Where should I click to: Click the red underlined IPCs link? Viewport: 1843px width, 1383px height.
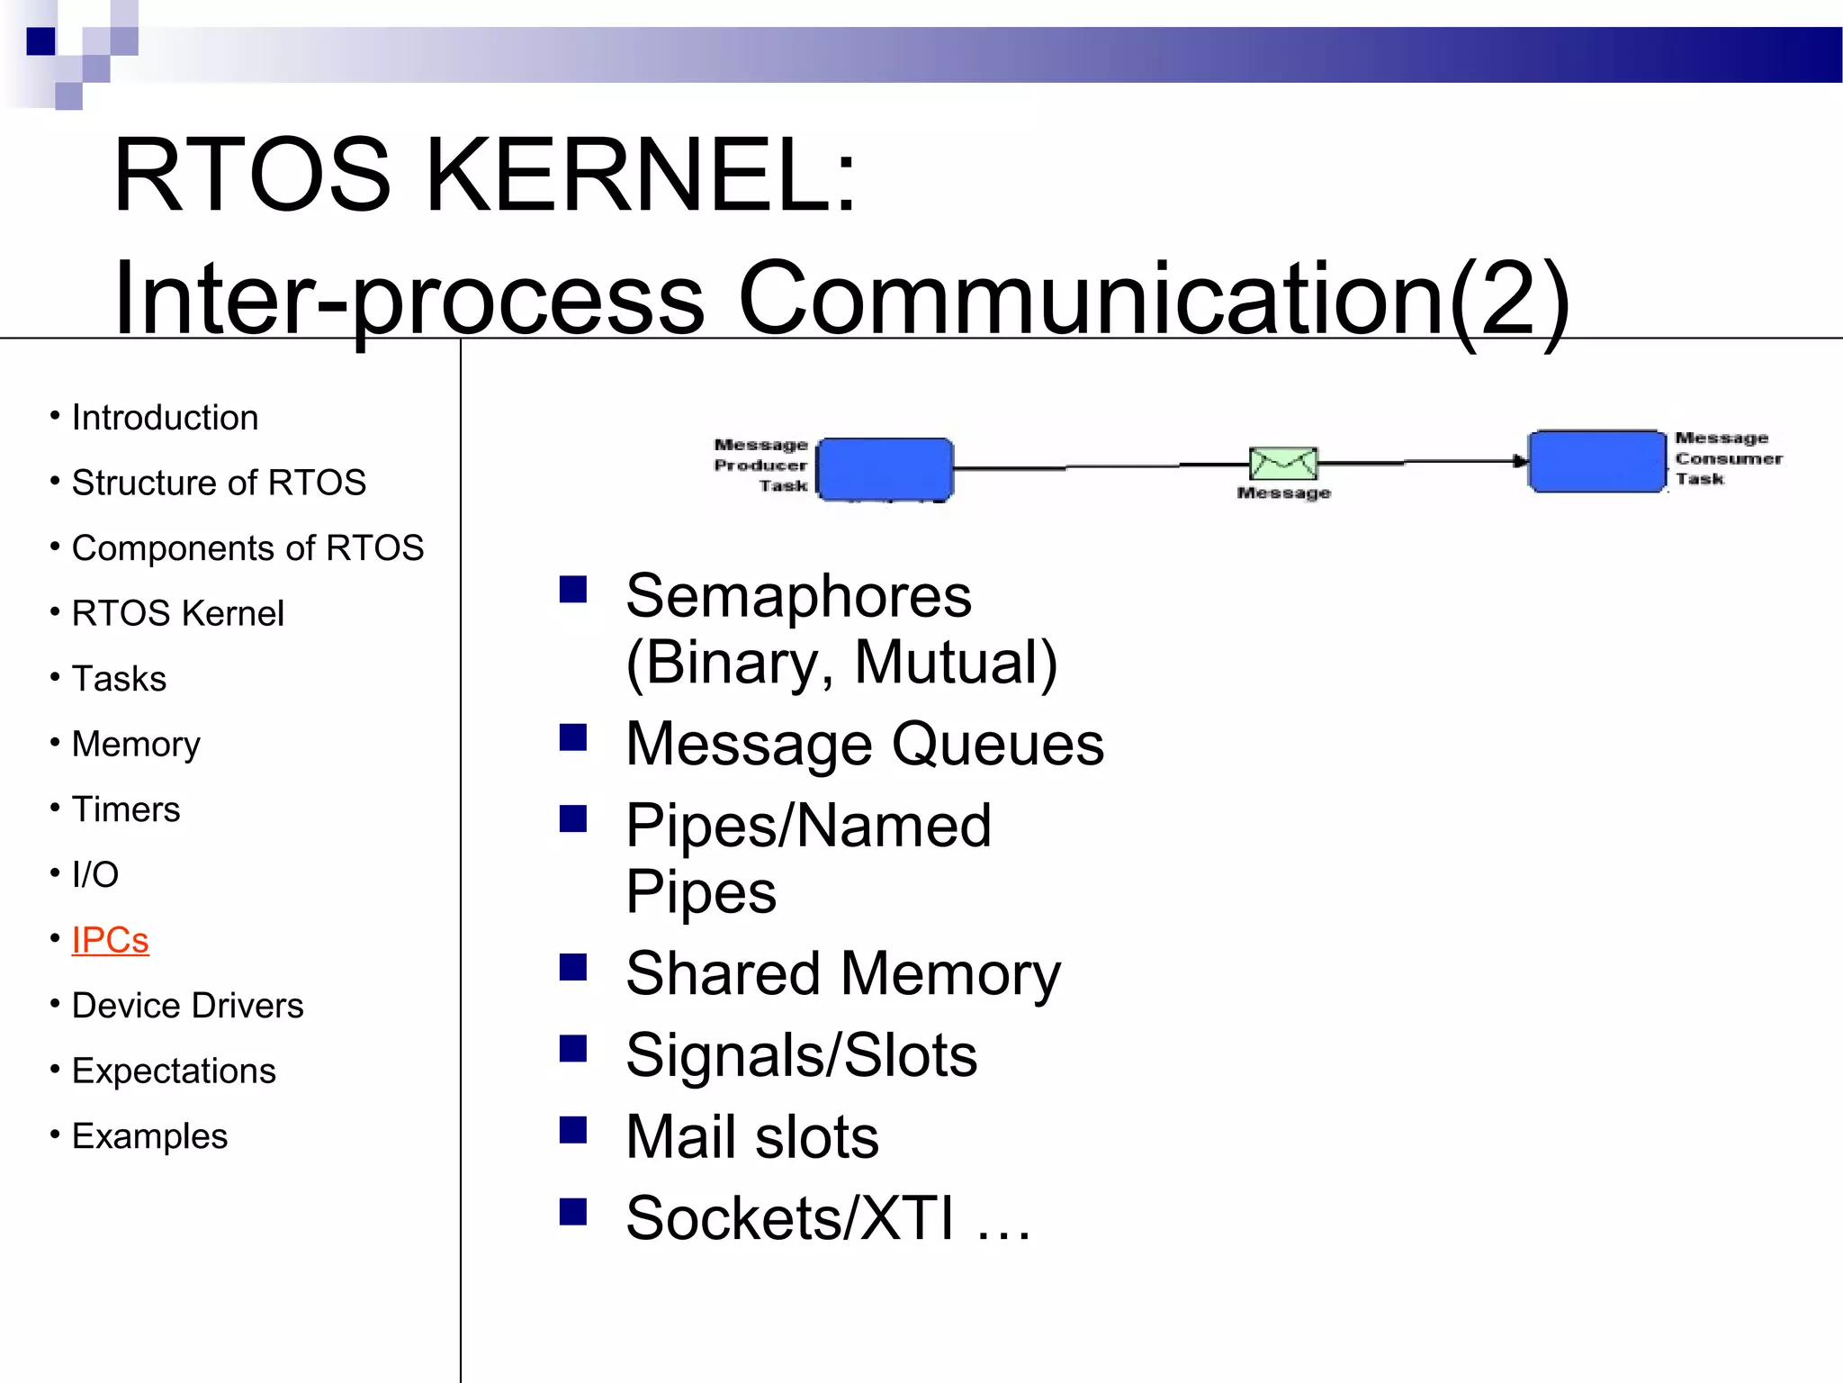(110, 940)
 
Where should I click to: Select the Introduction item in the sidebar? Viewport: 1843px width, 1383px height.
(165, 418)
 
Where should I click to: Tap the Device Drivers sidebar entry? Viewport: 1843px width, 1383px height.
(187, 1006)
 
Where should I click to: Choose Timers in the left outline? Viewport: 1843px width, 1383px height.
(126, 809)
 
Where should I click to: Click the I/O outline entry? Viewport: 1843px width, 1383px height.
(95, 874)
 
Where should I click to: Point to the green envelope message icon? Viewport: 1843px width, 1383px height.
(1283, 463)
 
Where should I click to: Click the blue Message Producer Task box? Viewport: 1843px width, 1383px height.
(885, 468)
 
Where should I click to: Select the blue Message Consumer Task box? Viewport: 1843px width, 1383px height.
(1597, 461)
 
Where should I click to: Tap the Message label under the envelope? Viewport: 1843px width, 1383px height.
(1283, 493)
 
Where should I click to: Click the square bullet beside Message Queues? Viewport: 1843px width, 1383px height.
(572, 737)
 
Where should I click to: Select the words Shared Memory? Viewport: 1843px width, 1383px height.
(843, 973)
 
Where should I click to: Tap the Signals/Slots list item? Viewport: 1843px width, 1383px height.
(801, 1055)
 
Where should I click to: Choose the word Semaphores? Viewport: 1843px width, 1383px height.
(798, 596)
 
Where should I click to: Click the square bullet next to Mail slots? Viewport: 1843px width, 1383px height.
(572, 1130)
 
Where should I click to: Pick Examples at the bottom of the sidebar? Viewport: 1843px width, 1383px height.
(149, 1136)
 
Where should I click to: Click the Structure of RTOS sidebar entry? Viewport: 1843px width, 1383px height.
(219, 483)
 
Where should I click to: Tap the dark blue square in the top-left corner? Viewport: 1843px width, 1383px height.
(40, 41)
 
